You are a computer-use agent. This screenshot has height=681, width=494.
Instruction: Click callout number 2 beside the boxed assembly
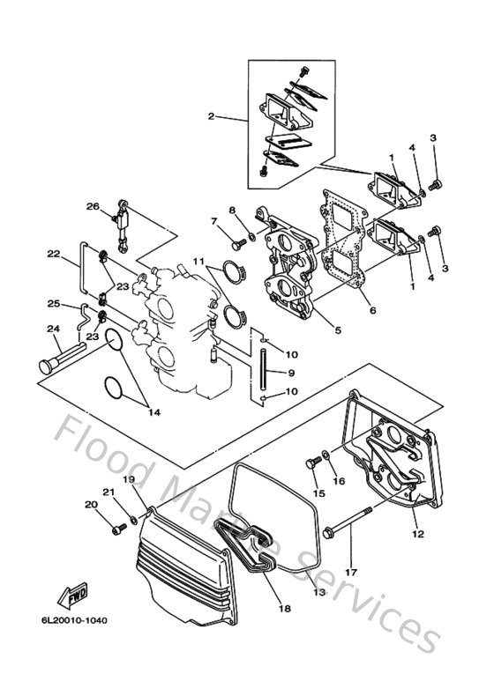click(211, 117)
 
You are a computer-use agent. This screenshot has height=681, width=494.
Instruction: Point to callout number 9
click(289, 373)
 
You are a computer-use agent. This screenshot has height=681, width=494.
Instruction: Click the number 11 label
click(199, 263)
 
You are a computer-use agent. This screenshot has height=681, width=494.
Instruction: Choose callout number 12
click(416, 534)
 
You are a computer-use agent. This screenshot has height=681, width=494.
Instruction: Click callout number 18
click(284, 609)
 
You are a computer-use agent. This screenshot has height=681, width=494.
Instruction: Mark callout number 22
click(54, 254)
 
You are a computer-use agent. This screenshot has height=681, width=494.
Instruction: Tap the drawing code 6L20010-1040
click(73, 620)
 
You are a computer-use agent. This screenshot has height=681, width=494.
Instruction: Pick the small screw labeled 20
click(116, 529)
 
